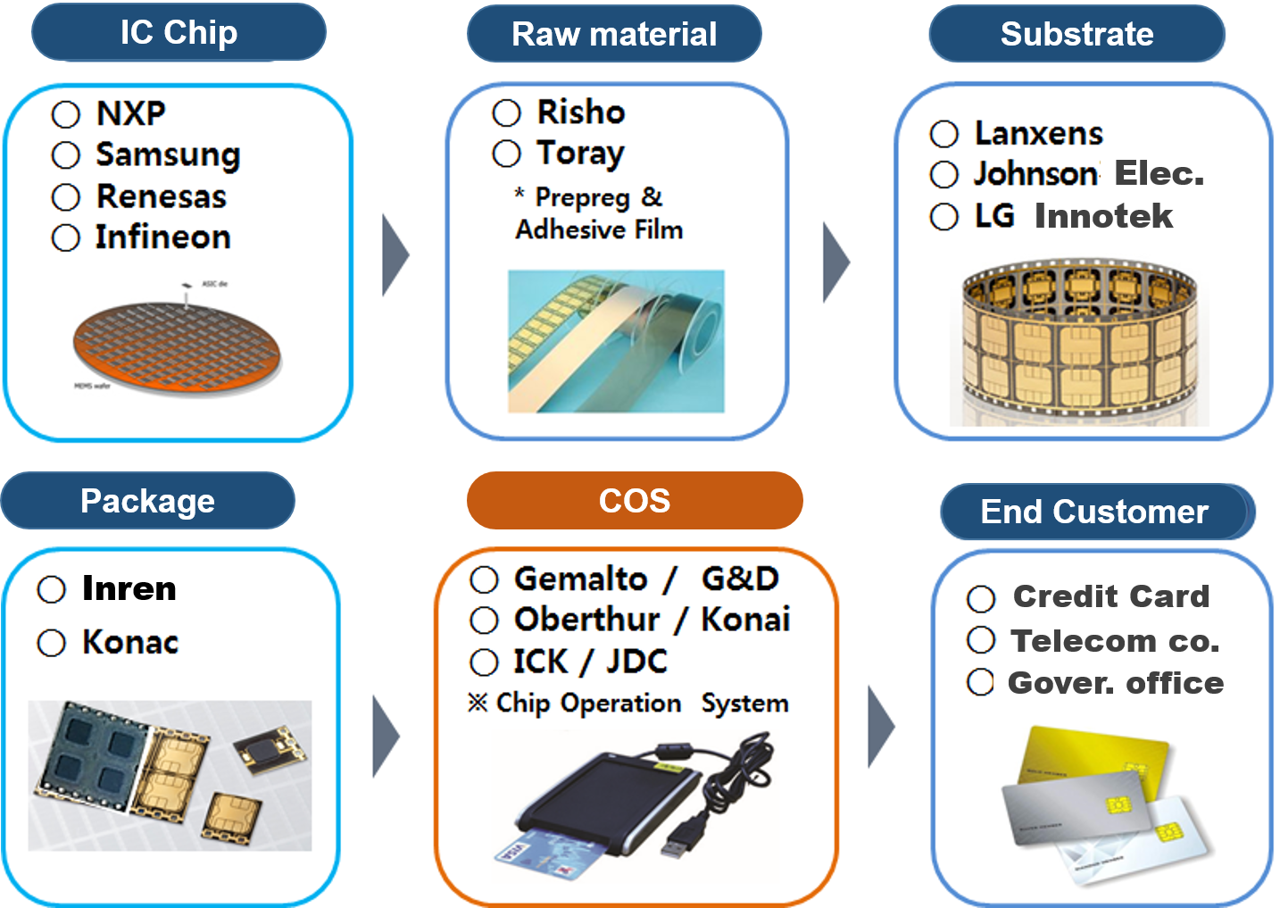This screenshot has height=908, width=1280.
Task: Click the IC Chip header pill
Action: coord(179,33)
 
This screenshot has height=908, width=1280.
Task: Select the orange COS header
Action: coord(634,501)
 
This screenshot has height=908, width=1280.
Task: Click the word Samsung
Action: coord(168,155)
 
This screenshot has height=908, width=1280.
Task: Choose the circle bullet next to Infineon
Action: coord(66,238)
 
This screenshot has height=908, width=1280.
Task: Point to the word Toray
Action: coord(580,154)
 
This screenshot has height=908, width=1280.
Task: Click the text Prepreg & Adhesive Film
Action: coord(599,213)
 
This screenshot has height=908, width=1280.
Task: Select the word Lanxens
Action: coord(1039,134)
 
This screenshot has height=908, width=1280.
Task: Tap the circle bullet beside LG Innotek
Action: coord(944,217)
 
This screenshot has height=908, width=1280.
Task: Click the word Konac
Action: coord(130,643)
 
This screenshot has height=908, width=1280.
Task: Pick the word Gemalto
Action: coord(580,579)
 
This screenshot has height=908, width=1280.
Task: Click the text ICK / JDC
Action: coord(590,662)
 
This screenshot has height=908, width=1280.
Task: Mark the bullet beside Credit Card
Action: coord(981,599)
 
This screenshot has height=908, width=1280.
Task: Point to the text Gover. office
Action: coord(1116,683)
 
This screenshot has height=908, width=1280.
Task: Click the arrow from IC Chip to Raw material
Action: coord(395,254)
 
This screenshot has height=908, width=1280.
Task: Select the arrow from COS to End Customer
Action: coord(880,727)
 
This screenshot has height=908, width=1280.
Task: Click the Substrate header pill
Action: coord(1076,34)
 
